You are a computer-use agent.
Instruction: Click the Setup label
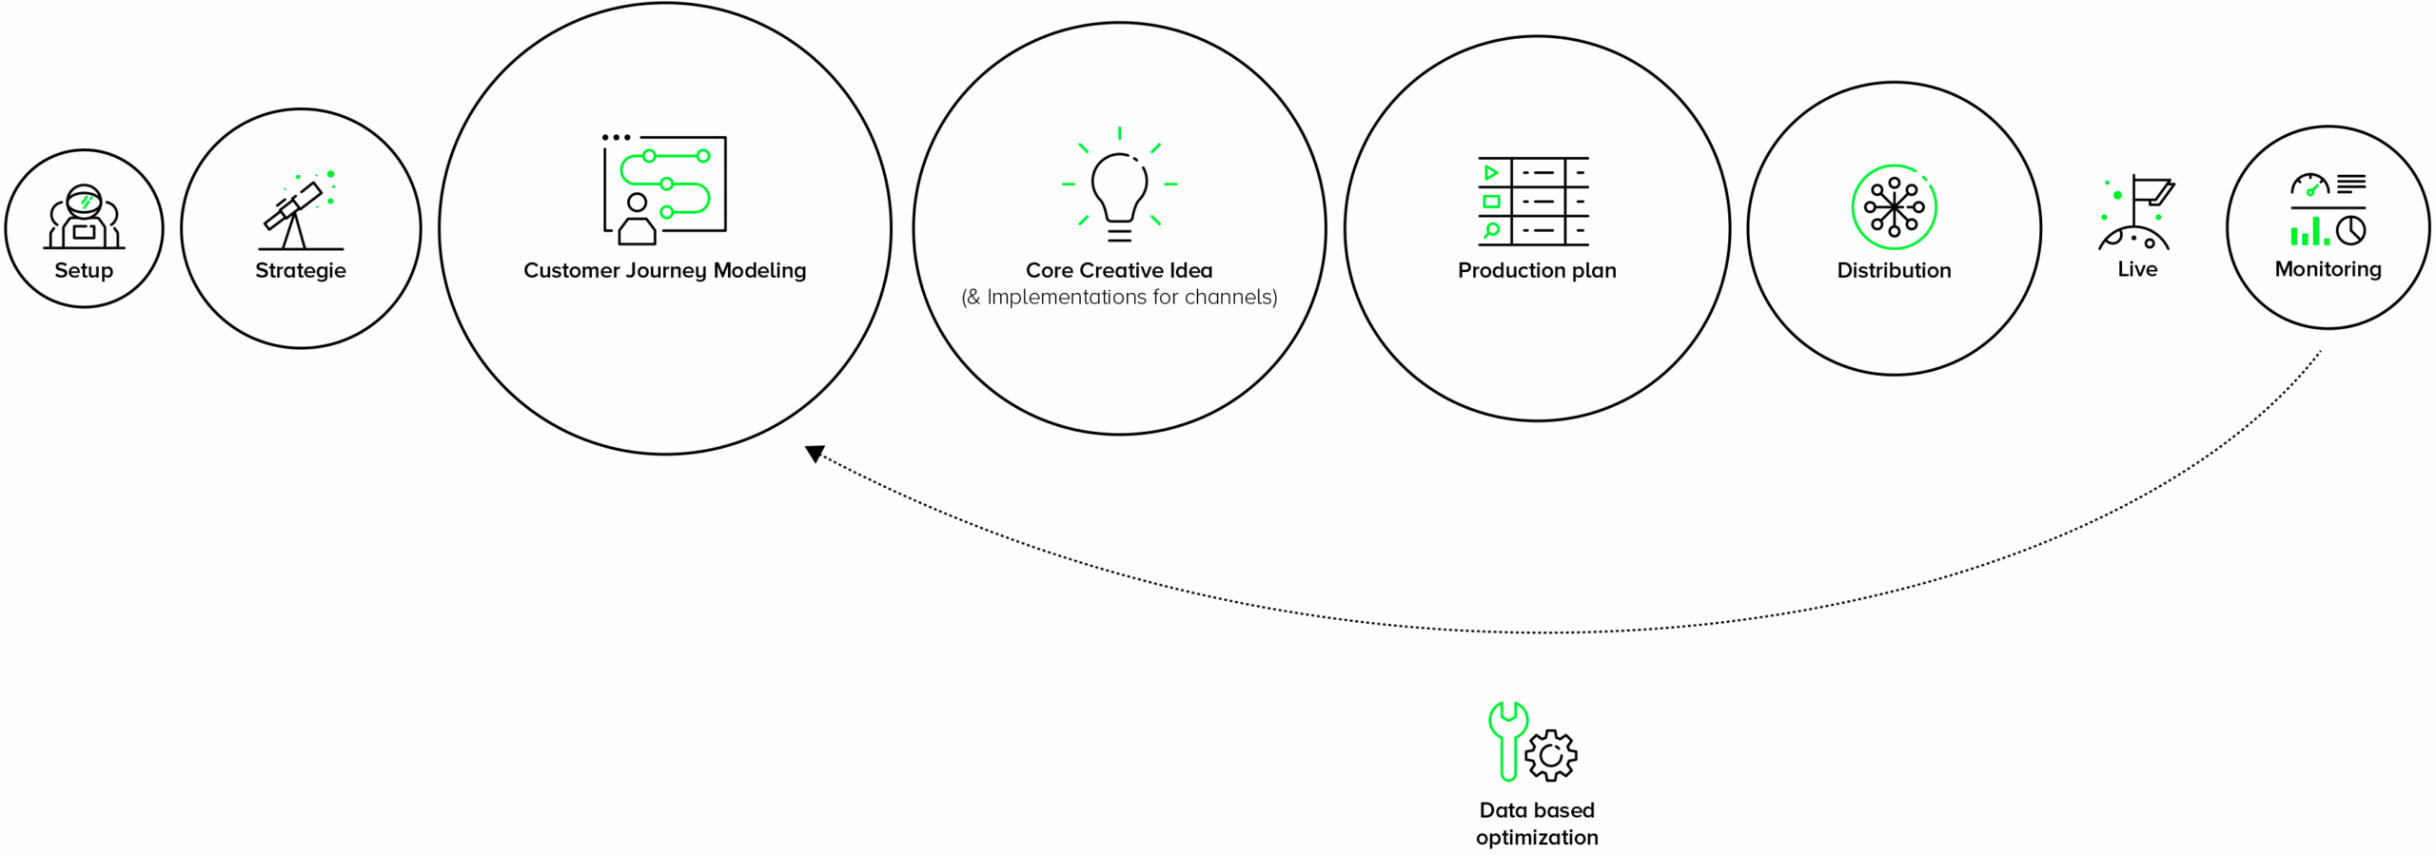tap(84, 271)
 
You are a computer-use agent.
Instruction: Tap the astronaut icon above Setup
tap(84, 217)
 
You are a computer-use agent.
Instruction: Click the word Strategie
tap(301, 271)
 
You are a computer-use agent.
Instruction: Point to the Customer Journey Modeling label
tap(664, 271)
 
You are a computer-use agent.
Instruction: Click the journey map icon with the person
tap(664, 189)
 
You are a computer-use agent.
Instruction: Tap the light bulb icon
tap(1119, 186)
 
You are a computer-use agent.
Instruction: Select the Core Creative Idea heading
tap(1119, 271)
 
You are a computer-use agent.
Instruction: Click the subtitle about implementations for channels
tap(1119, 298)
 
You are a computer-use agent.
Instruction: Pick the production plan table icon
tap(1533, 202)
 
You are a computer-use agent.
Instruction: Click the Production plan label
tap(1537, 271)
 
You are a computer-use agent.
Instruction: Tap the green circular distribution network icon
tap(1894, 206)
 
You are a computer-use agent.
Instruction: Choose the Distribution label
tap(1894, 271)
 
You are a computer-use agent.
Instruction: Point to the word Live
tap(2137, 270)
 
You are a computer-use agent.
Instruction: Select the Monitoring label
tap(2328, 270)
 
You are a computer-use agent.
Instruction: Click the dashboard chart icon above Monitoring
tap(2328, 209)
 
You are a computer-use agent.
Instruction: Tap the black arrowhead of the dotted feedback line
tap(815, 454)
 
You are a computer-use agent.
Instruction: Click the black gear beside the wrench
tap(1551, 755)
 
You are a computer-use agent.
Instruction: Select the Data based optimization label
tap(1537, 824)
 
